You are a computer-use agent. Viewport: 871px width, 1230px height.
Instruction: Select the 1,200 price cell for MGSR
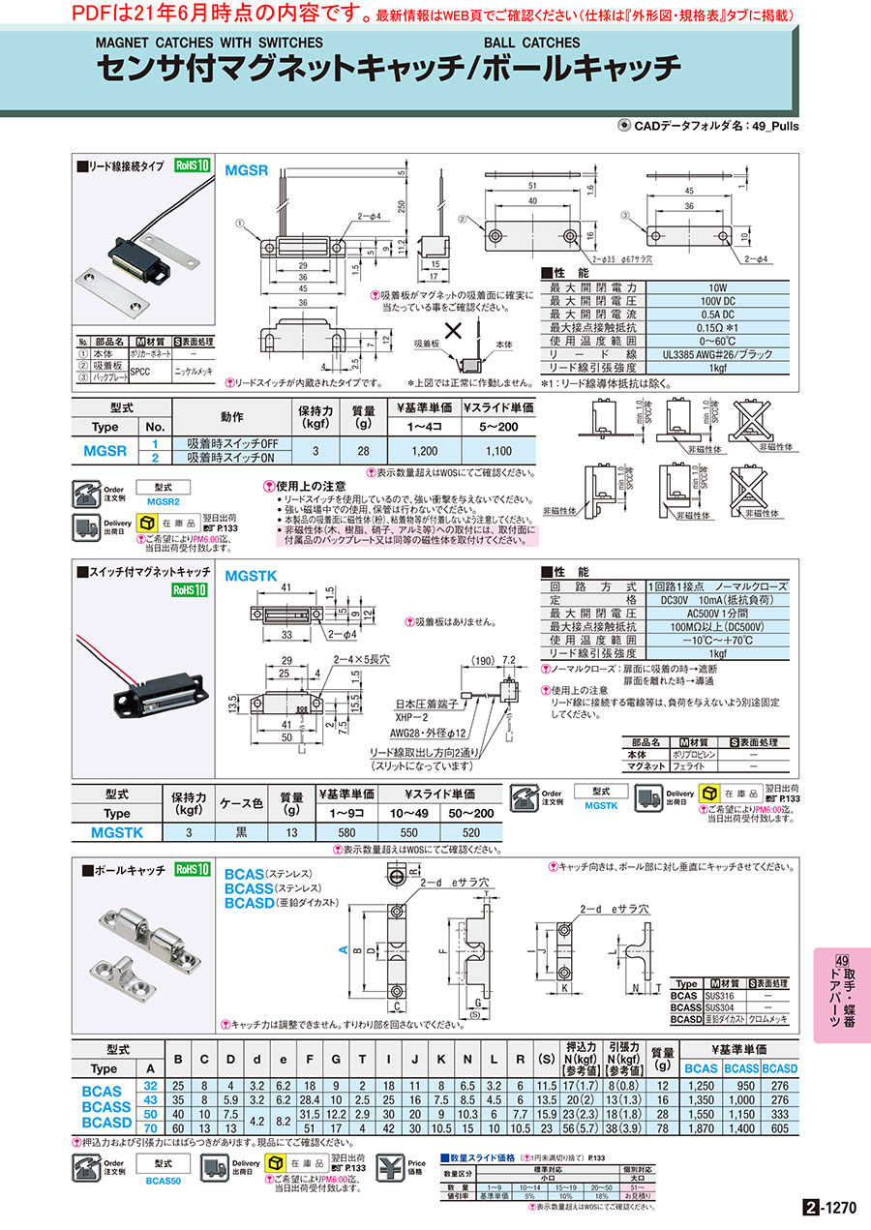pos(424,451)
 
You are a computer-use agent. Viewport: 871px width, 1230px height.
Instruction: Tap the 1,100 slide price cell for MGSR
pos(498,451)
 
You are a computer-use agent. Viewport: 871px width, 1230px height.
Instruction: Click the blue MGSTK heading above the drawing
pos(252,576)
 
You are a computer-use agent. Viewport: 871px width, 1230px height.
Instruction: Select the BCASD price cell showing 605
pos(780,1128)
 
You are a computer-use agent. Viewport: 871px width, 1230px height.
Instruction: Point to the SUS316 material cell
pos(725,995)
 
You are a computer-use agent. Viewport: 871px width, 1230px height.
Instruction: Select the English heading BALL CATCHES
pos(531,43)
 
